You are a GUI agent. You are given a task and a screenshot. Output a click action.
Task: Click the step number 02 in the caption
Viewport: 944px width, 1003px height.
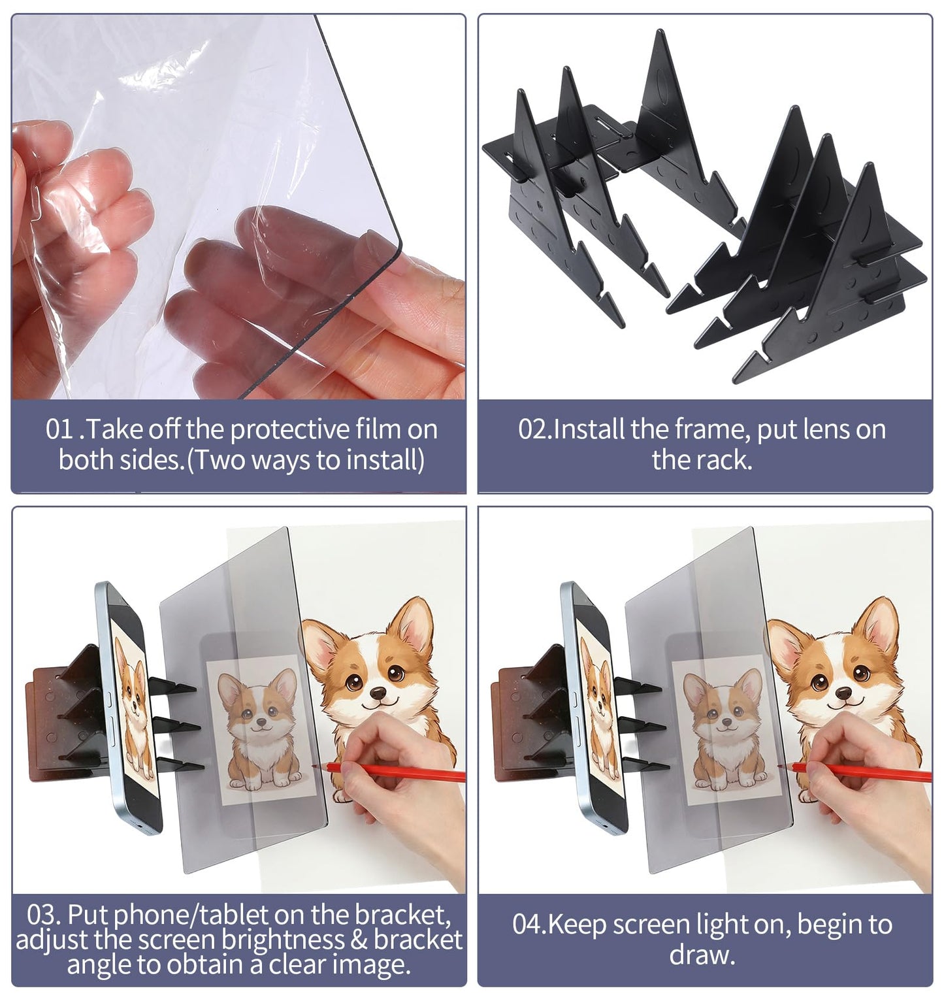(534, 430)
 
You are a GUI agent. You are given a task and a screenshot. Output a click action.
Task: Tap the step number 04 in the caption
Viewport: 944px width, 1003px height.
(528, 925)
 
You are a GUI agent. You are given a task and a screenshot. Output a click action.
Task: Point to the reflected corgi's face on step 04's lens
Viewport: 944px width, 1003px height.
(721, 708)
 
